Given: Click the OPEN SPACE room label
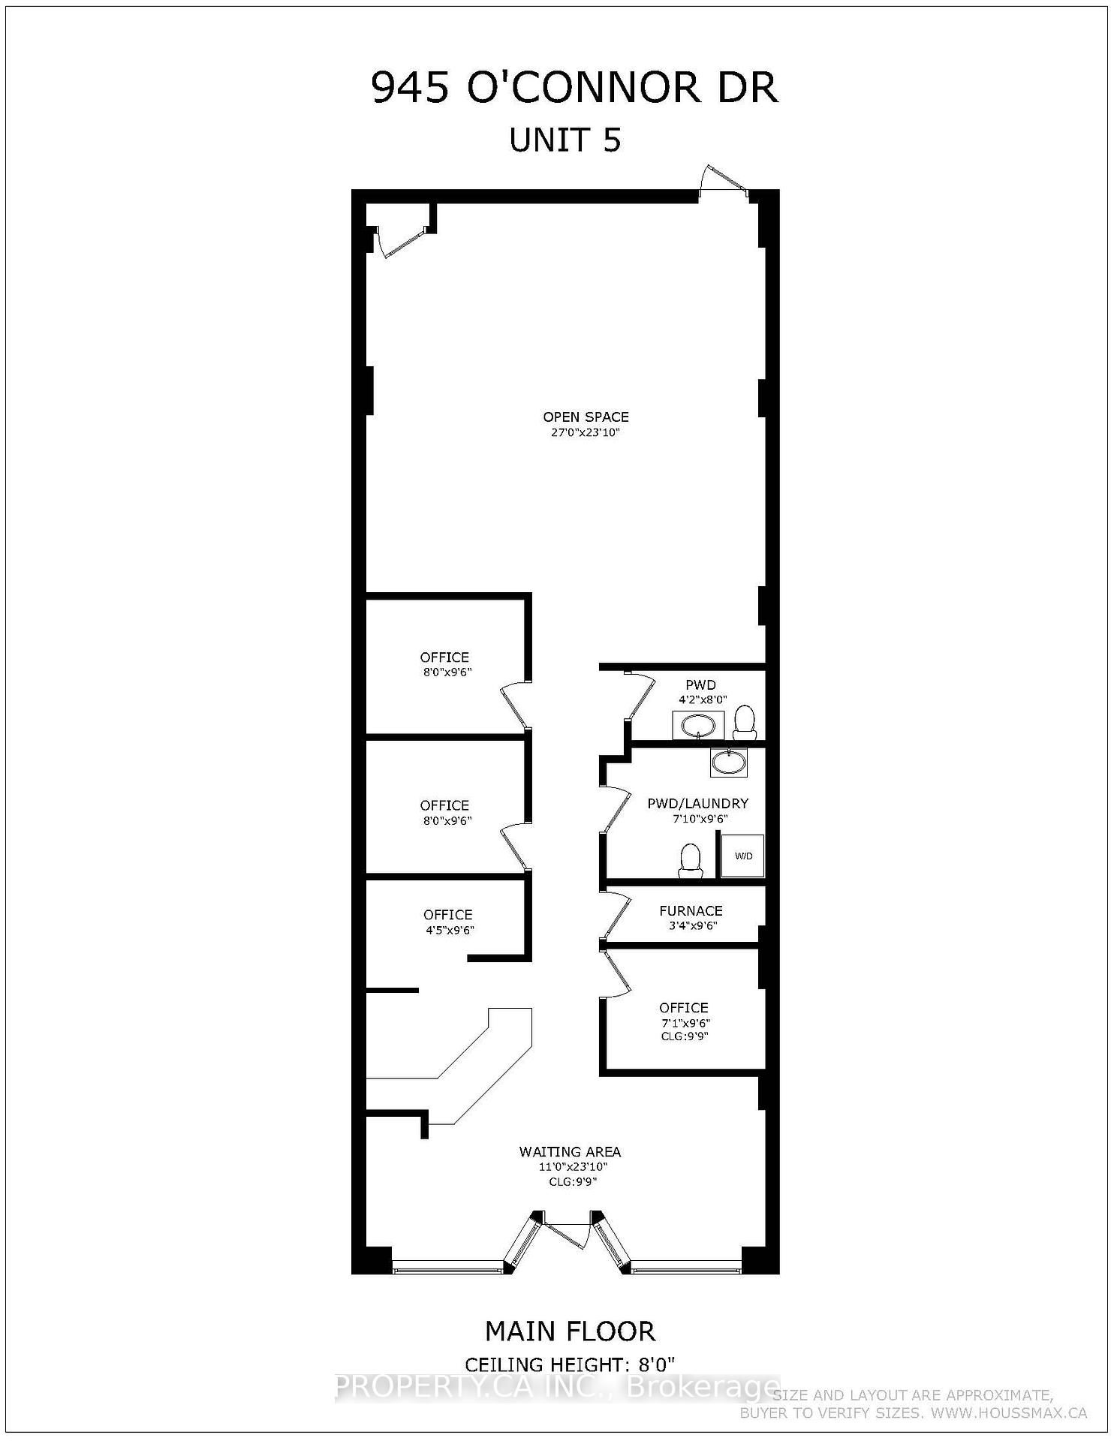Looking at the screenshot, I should tap(586, 417).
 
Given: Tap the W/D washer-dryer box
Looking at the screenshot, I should tap(742, 856).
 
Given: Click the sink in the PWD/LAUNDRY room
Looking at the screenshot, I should tap(727, 763).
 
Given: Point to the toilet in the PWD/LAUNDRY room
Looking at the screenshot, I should tap(690, 860).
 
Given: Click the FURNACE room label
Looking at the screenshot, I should tap(691, 910).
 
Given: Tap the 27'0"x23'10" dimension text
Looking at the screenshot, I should tap(586, 433).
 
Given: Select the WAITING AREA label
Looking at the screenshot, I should tap(570, 1151).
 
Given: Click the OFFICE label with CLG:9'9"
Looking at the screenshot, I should tap(683, 1008).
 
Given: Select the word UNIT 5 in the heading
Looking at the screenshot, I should tap(565, 140).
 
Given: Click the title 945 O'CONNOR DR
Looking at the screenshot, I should tap(574, 88).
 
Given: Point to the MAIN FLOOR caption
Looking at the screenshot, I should tap(570, 1331).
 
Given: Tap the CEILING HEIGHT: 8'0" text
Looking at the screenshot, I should tap(570, 1364).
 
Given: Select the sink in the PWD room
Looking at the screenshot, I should tap(698, 726).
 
